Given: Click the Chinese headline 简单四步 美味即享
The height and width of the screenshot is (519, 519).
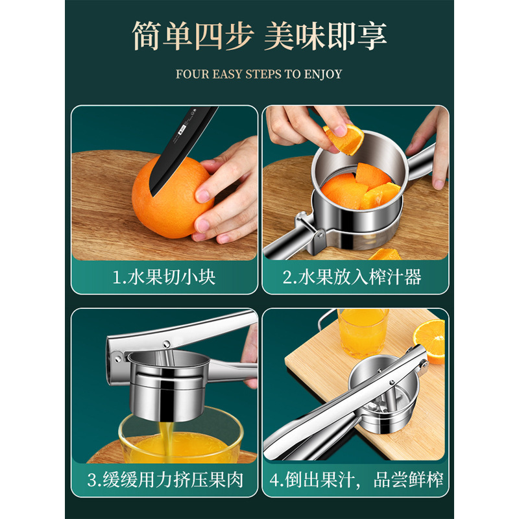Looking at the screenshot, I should coord(259,36).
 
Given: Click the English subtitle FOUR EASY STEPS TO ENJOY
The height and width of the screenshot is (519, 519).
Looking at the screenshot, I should coord(259,74).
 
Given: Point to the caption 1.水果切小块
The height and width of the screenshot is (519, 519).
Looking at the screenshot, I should coord(164,278).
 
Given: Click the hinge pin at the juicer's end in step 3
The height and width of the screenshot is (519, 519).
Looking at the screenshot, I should coord(117,356).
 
